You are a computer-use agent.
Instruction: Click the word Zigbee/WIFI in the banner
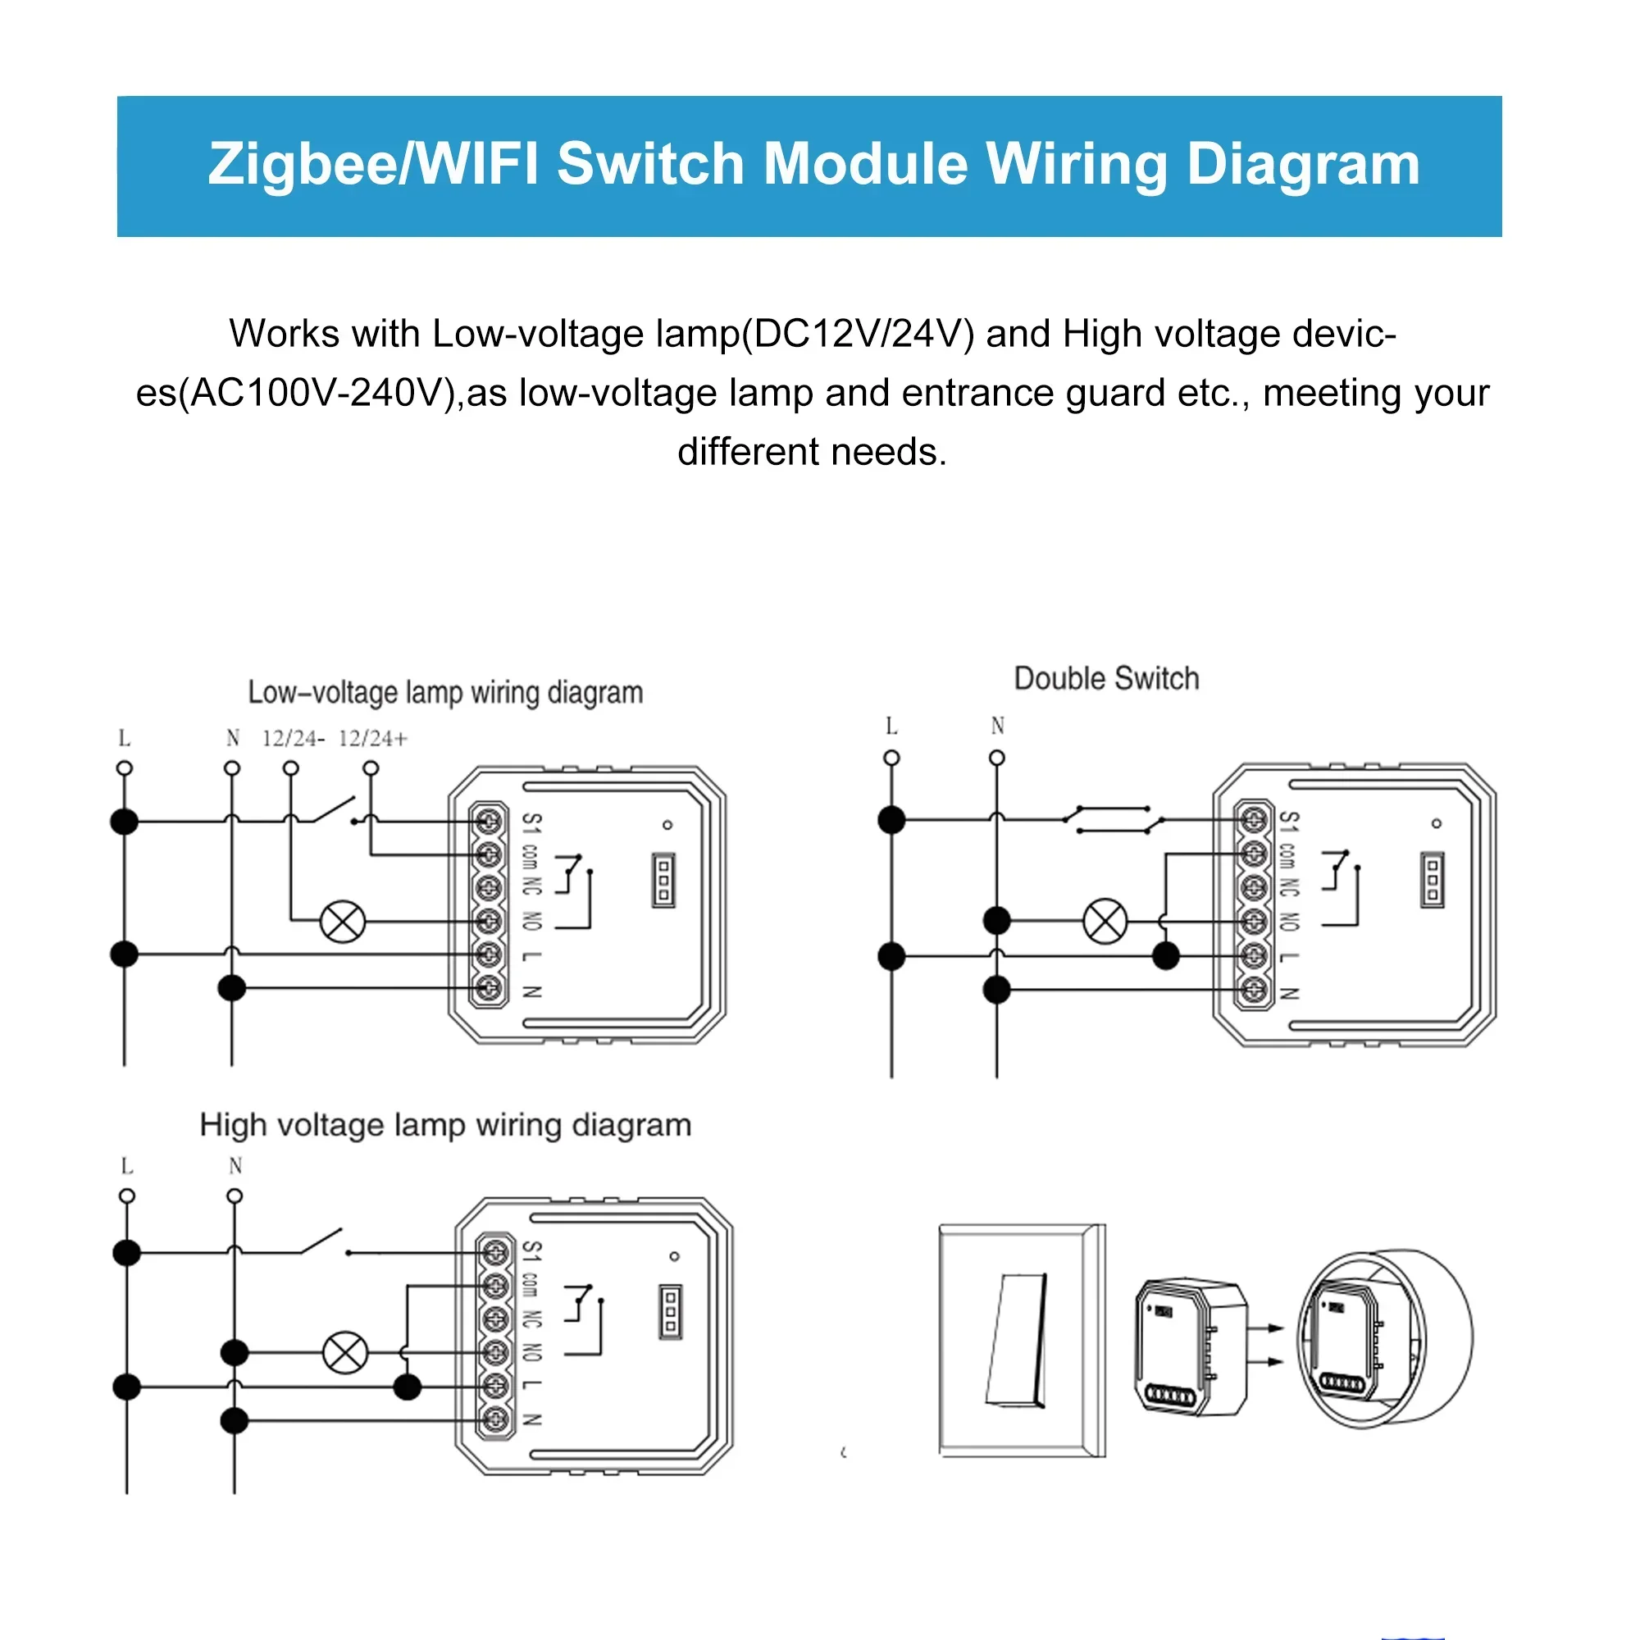pos(373,164)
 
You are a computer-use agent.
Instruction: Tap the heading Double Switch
pos(1106,679)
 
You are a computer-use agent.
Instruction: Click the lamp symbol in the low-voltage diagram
pos(343,921)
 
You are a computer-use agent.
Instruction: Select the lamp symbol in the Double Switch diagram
pos(1105,921)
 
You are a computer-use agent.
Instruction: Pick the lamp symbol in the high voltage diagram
pos(345,1352)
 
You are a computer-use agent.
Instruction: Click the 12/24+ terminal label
pos(372,739)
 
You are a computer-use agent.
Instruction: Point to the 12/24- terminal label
pos(293,739)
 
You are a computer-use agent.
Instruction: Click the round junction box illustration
pos(1385,1339)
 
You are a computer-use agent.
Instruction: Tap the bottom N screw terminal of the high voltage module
pos(496,1419)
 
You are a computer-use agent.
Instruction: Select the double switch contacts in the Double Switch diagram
pos(1113,820)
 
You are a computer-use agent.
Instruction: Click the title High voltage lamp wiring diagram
pos(444,1126)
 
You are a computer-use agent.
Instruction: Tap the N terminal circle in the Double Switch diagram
pos(997,757)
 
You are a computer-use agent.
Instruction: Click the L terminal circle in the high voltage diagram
pos(127,1196)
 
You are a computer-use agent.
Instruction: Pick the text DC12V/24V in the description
pos(863,334)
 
